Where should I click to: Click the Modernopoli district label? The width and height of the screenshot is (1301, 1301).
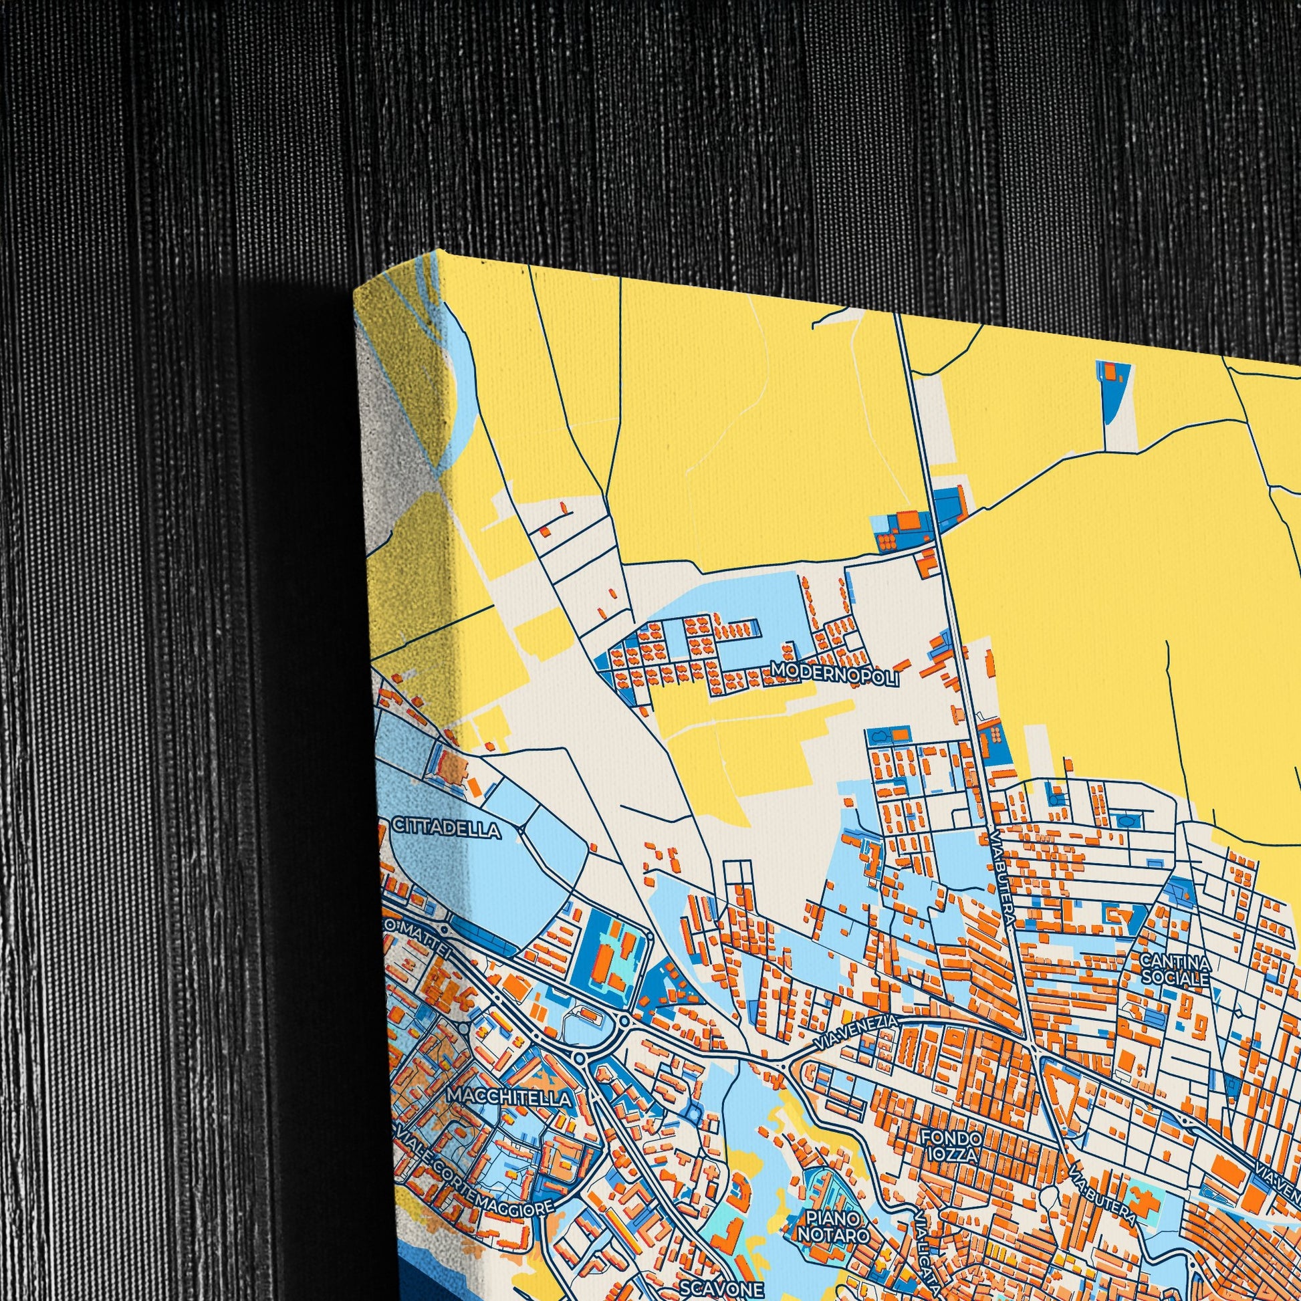coord(835,674)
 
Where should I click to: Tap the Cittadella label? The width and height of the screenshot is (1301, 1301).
coord(446,828)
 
